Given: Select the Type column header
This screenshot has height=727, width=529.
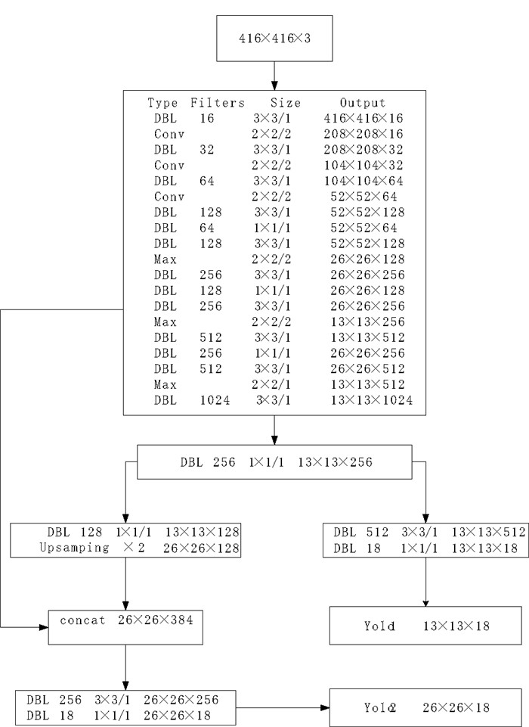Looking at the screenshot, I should point(162,103).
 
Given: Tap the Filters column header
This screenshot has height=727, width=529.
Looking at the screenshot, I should point(218,103).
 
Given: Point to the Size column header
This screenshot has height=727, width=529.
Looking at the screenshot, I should point(284,103).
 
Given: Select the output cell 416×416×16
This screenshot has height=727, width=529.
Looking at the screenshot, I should point(362,119).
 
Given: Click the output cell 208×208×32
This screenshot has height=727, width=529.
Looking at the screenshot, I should point(362,151).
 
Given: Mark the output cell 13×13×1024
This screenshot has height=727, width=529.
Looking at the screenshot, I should point(371,400).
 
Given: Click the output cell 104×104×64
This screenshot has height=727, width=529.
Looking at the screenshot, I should point(362,182).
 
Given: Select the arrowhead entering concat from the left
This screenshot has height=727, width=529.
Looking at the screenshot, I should point(43,627).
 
